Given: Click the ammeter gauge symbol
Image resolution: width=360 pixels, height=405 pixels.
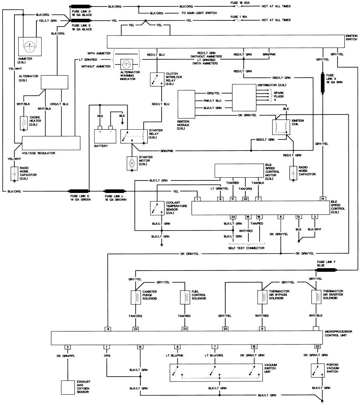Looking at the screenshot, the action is click(x=30, y=46).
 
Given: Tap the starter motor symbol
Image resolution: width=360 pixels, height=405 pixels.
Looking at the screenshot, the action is click(x=132, y=164).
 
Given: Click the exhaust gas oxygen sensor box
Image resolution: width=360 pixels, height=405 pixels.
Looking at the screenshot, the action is click(x=68, y=387).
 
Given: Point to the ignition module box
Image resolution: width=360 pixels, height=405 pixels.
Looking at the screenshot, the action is click(x=186, y=104).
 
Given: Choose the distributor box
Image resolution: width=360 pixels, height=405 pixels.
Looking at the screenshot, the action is click(x=244, y=98).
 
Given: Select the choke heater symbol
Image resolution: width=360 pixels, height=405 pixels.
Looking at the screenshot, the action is click(x=24, y=123).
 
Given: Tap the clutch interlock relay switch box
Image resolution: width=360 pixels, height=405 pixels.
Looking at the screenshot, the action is click(x=157, y=79).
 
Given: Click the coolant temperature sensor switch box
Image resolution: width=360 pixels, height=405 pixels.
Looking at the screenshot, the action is click(x=157, y=208).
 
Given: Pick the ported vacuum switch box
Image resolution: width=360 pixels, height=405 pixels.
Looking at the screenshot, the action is click(x=318, y=371).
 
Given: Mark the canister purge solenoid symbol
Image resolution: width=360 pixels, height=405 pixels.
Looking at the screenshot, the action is click(x=136, y=297).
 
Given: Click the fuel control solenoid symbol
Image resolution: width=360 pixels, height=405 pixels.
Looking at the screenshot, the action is click(x=185, y=297).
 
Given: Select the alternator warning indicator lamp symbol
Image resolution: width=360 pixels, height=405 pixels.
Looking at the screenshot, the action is click(x=126, y=63).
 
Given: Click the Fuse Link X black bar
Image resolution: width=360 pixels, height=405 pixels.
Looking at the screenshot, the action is click(x=322, y=83).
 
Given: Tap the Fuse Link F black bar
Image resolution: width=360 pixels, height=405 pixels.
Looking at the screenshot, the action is click(x=326, y=270).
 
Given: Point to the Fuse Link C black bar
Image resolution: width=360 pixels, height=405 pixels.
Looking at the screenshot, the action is click(x=79, y=191).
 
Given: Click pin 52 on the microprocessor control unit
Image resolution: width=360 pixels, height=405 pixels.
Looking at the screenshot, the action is click(x=318, y=347).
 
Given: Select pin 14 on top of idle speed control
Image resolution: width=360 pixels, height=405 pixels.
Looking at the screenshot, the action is click(x=322, y=199).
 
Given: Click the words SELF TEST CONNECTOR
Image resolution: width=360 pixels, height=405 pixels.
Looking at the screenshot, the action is click(x=246, y=248).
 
